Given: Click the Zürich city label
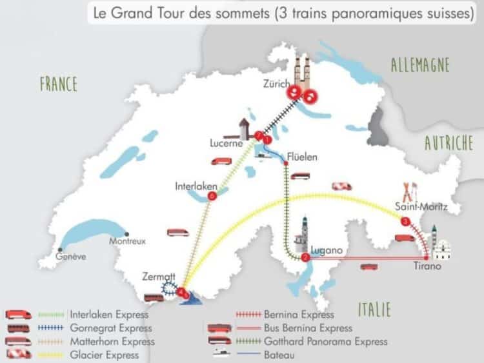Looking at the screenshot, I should tap(278, 84).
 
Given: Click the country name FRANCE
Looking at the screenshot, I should tap(58, 84).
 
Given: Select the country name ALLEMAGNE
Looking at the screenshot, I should tap(420, 64).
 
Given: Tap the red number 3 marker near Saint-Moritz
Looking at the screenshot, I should tap(405, 222).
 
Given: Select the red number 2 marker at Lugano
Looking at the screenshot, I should tap(306, 257).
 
